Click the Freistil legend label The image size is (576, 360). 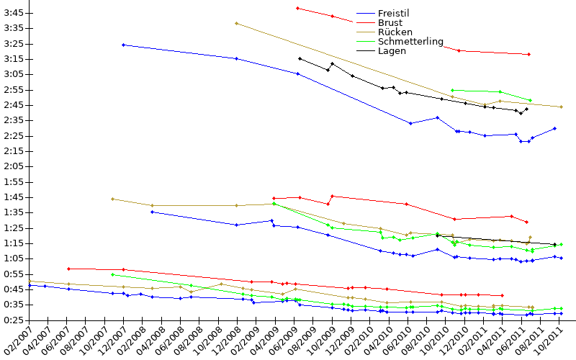[393, 13]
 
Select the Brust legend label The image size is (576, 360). [390, 23]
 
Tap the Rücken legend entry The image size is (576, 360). [395, 32]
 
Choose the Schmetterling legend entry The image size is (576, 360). [410, 42]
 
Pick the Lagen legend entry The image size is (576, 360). [392, 51]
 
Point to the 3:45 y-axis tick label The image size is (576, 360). [14, 13]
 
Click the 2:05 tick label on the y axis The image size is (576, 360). [14, 166]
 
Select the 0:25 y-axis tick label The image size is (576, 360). [14, 320]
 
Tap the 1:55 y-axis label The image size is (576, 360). [14, 182]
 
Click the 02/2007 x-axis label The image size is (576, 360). [17, 340]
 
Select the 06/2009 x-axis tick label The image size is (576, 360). [282, 340]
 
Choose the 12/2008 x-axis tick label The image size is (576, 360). [225, 340]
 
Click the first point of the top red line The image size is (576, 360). [297, 8]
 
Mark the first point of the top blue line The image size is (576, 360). [123, 45]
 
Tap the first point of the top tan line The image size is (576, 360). [237, 24]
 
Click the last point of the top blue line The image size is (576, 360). [554, 129]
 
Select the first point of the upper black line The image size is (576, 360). [300, 58]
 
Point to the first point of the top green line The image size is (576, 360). [452, 90]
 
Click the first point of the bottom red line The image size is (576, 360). [68, 269]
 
